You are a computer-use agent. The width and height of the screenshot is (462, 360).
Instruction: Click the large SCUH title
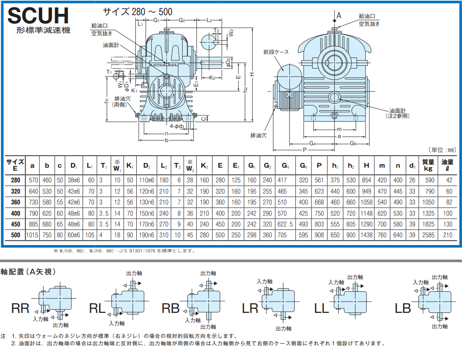coord(38,16)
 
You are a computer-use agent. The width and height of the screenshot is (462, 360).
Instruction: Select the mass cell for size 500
coord(428,235)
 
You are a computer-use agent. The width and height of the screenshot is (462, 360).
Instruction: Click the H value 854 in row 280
coord(366,180)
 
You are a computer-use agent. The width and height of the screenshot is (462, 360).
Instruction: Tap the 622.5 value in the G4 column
coord(285,224)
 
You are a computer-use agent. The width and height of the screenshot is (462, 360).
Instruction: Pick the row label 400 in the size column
coord(15,213)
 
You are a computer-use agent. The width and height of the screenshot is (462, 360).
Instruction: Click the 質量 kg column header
coord(428,166)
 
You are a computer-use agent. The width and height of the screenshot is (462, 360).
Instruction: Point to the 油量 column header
coord(447,166)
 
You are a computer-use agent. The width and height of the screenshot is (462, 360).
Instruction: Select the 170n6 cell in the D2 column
coord(147,224)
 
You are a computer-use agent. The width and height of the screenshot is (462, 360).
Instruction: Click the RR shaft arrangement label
coord(20,309)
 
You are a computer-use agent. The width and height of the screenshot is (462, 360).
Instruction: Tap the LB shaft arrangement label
coord(402,309)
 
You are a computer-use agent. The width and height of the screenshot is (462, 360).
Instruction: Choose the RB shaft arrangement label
coord(170,309)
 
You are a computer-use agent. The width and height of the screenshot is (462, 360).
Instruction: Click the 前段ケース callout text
coord(276,52)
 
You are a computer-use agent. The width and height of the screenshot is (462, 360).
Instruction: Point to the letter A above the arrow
coord(339,15)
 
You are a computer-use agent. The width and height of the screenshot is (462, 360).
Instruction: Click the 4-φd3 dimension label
coord(177,126)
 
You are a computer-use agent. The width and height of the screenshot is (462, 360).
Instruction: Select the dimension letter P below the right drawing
coord(305,150)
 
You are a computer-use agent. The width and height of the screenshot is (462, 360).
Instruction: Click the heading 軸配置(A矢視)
coord(28,272)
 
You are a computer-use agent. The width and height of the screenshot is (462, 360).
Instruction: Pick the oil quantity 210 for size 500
coord(447,235)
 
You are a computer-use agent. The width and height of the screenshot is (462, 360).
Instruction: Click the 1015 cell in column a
coord(32,235)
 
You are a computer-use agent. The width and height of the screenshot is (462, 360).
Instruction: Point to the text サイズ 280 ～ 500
coord(138,12)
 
